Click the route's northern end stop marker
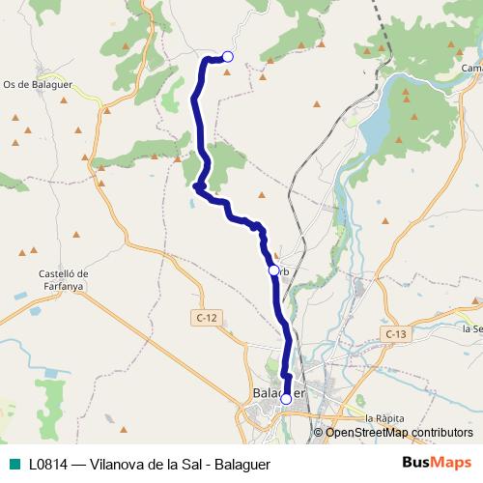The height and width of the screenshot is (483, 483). (x=228, y=57)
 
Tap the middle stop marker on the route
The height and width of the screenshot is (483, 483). (x=273, y=270)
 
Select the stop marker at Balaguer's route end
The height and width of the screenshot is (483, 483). (x=286, y=398)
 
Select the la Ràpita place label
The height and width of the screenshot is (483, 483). (x=384, y=417)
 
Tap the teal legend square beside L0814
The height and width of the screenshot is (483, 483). (x=14, y=463)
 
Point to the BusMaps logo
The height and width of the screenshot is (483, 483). (x=436, y=462)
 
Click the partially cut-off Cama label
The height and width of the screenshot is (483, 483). (x=471, y=69)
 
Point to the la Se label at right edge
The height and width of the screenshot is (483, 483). (x=471, y=328)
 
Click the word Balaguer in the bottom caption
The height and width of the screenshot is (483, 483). (x=241, y=463)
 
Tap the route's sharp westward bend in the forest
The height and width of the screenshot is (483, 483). (x=196, y=186)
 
